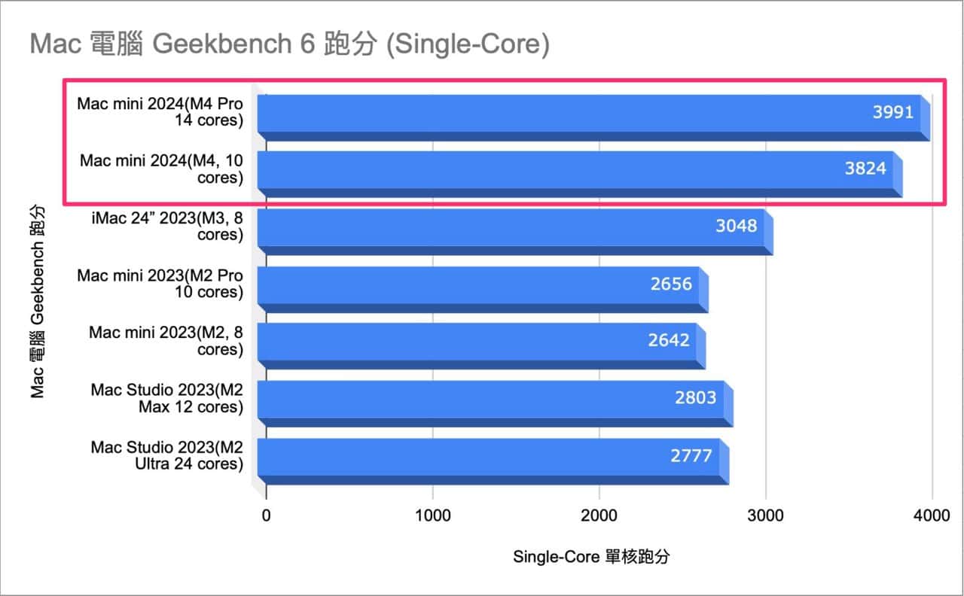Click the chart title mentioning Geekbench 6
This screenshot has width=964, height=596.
(290, 44)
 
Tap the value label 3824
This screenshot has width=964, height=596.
(865, 168)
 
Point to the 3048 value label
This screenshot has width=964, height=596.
(735, 225)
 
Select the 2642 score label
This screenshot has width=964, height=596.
(669, 340)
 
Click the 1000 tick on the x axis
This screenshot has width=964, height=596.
(432, 515)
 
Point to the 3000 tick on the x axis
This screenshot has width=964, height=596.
(765, 515)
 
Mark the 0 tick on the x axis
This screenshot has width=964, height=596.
(266, 515)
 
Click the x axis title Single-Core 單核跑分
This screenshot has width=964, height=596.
(591, 558)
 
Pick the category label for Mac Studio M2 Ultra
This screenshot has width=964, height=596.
(166, 455)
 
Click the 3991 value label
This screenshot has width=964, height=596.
(892, 113)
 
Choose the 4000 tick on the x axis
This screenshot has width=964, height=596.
(932, 515)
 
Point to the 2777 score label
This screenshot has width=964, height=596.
(691, 455)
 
